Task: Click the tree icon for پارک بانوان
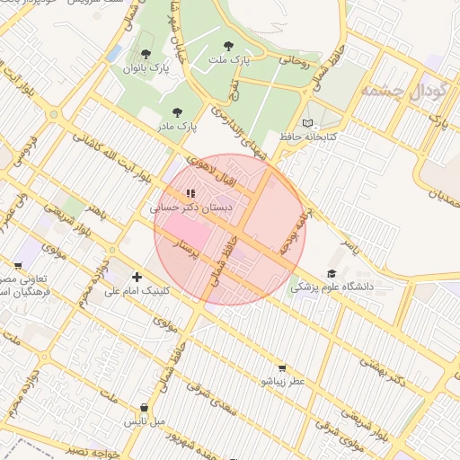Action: coord(146,54)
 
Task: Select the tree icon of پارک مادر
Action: coord(176,112)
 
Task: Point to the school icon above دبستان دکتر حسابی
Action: coord(190,192)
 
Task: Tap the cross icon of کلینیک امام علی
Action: coord(137,277)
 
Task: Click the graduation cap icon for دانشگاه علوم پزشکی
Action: coord(332,273)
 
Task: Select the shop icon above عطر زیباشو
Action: coord(282,367)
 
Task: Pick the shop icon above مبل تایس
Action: coord(144,407)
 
